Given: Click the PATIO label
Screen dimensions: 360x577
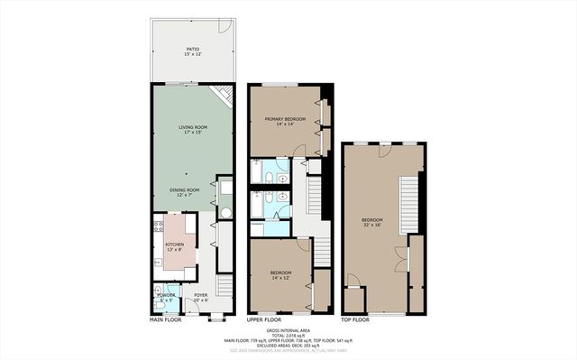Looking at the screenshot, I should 193,51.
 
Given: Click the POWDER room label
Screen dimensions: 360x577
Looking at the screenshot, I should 166,296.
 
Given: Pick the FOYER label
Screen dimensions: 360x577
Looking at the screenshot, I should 201,296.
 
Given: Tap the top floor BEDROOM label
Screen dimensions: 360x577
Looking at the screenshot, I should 372,222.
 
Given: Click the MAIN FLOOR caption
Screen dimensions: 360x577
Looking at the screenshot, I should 169,320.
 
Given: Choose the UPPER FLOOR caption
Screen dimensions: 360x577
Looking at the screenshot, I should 265,320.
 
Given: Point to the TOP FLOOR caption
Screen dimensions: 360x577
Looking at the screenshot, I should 355,320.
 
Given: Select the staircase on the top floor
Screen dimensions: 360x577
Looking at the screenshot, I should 408,196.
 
